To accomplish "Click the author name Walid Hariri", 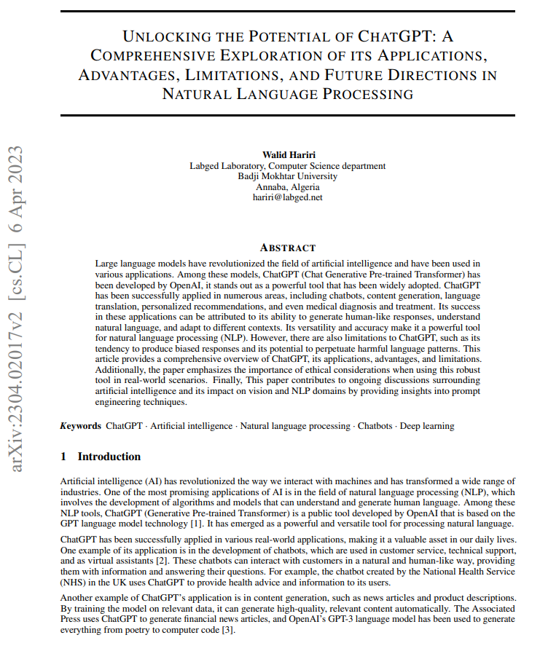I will (x=287, y=155).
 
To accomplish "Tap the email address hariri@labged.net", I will (x=287, y=197).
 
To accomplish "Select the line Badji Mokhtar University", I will (x=287, y=175).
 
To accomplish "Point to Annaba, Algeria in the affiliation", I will (x=287, y=186).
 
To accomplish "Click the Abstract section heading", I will (x=287, y=248).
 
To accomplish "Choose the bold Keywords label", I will (x=80, y=425).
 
